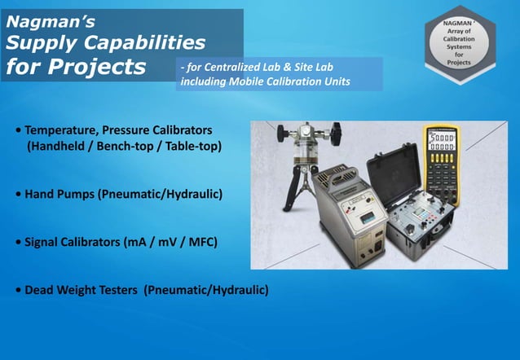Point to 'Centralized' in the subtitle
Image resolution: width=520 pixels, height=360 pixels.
coord(244,68)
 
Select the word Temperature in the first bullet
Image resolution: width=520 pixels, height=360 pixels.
coord(61,130)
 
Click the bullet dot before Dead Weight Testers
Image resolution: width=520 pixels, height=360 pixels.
coord(18,290)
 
